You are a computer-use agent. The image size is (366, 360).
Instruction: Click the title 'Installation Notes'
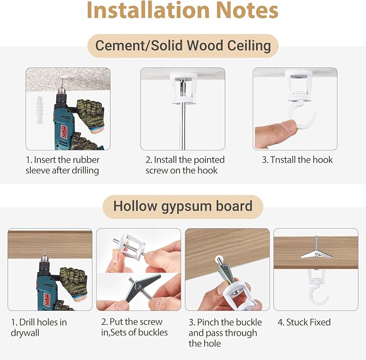tap(183, 10)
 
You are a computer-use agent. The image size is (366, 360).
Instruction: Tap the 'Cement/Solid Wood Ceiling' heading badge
tap(183, 46)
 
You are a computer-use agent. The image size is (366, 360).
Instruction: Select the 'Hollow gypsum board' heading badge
tap(183, 206)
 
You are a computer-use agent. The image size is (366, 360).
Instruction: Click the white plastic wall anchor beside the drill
tap(39, 110)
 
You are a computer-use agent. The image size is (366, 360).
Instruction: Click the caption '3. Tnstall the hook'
tap(297, 160)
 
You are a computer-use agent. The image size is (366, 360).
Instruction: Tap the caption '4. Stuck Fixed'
tap(304, 322)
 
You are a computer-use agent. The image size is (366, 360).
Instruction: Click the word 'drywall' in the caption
tap(25, 333)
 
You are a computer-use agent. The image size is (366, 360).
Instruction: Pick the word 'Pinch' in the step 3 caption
tap(208, 322)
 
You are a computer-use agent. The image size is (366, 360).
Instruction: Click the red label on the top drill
tap(64, 131)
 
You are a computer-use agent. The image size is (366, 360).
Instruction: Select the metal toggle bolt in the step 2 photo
tap(142, 287)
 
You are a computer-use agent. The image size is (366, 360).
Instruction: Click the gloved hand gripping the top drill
tap(91, 115)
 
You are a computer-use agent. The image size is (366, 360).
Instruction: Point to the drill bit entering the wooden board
tap(45, 252)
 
